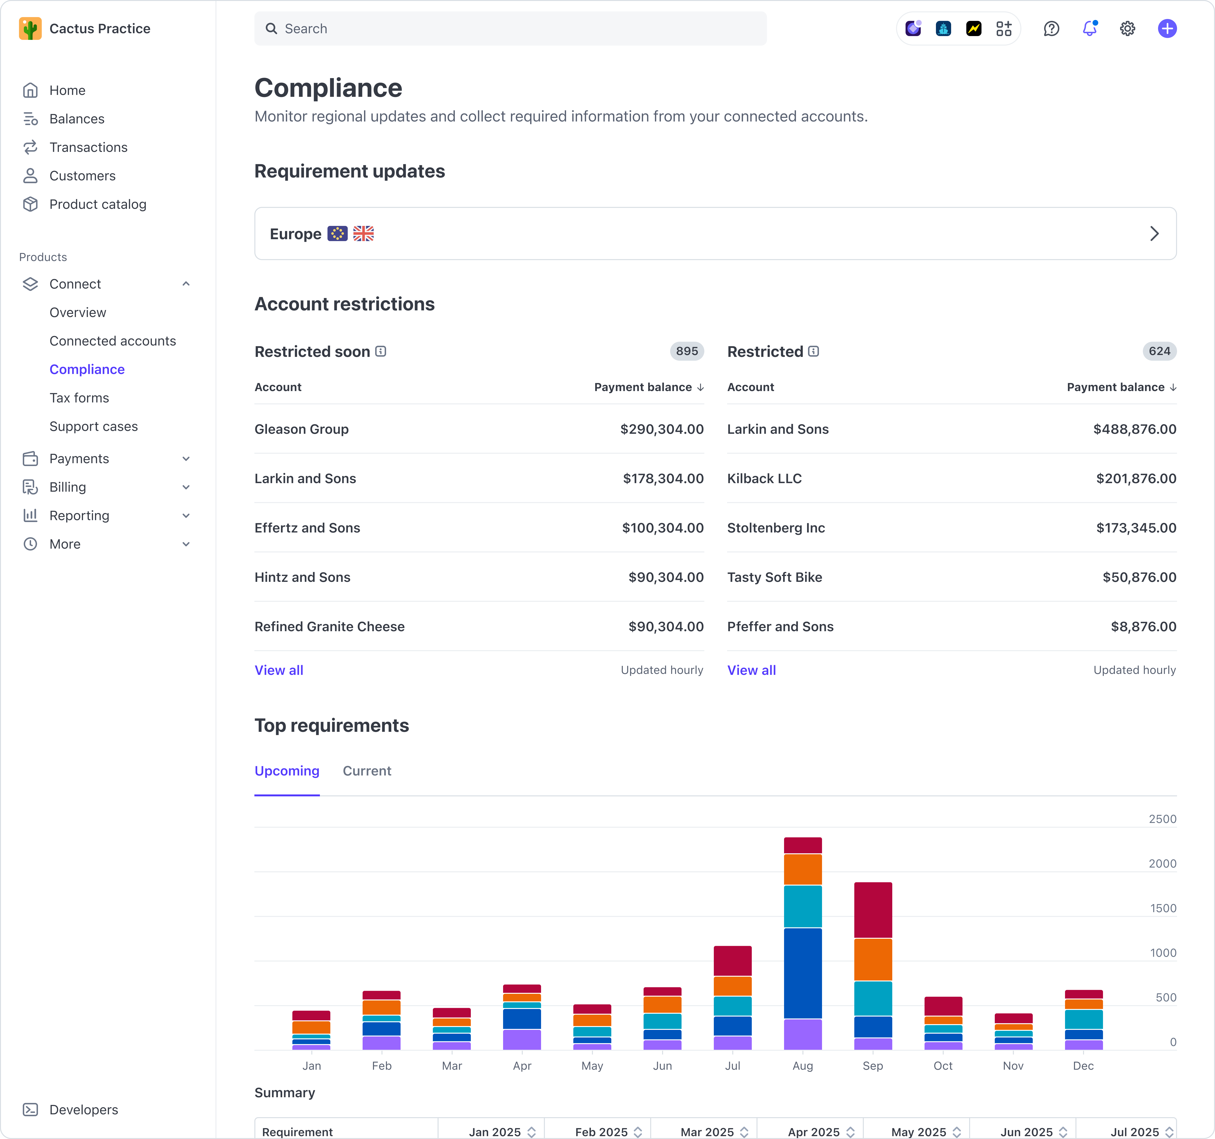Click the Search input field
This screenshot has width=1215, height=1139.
[510, 29]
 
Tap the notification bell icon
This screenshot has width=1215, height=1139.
[1089, 29]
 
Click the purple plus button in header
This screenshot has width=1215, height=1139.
[1167, 29]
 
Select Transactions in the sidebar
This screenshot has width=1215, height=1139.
[88, 147]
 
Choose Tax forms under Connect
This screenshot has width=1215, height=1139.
[79, 398]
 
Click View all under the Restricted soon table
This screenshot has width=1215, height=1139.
[279, 670]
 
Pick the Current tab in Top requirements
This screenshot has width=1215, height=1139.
[367, 771]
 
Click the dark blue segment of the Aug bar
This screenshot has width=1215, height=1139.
[803, 973]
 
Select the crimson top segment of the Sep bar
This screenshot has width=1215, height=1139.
[873, 910]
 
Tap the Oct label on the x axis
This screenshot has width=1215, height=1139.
[942, 1066]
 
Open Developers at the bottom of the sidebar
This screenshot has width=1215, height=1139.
[84, 1110]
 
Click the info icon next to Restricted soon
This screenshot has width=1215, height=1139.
[381, 351]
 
